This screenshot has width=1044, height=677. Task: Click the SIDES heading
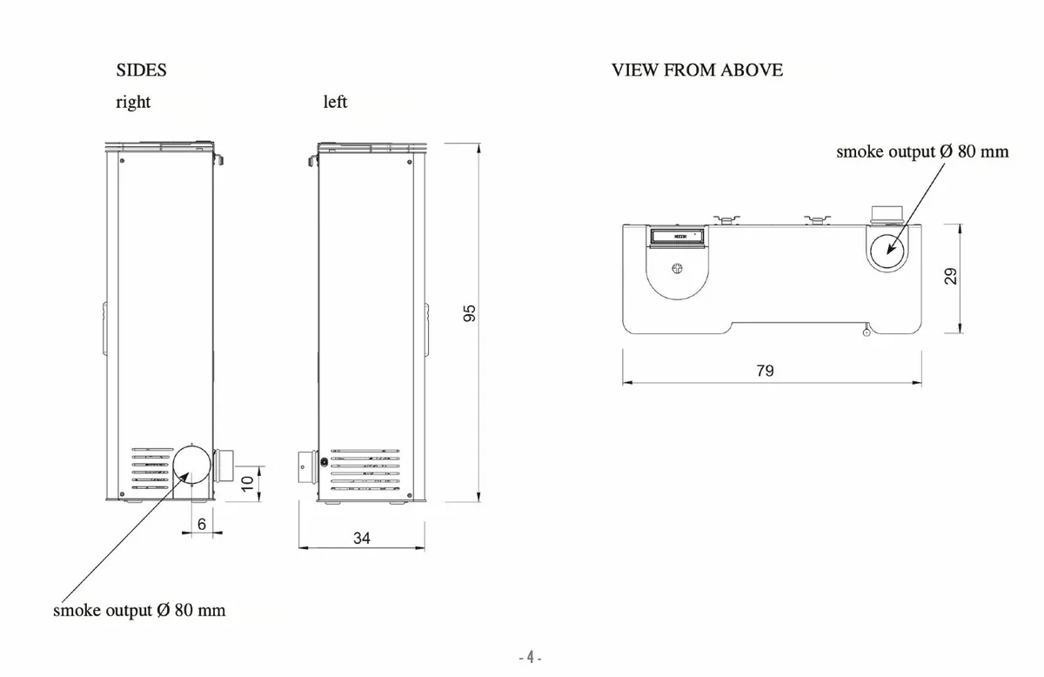click(141, 70)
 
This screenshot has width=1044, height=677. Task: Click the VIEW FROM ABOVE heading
click(697, 70)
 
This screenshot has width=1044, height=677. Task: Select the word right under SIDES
click(133, 102)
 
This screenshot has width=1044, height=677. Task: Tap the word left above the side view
click(335, 102)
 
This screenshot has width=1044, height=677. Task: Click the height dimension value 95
click(469, 314)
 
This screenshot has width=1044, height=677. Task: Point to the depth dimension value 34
click(362, 539)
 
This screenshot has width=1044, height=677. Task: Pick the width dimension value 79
click(765, 371)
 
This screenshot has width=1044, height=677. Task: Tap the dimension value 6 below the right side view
click(202, 524)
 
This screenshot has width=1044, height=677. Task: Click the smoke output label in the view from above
click(922, 151)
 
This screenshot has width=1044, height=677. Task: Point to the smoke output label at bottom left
click(139, 610)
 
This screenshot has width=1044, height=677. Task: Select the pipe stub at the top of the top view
click(887, 215)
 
